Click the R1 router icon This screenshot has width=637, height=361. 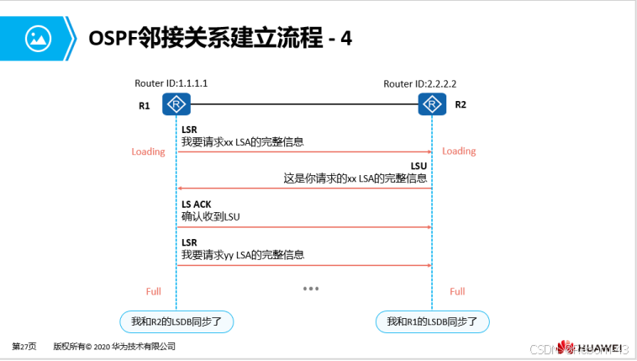[x=176, y=104]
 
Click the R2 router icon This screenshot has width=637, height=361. [x=432, y=104]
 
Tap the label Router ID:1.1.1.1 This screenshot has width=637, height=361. [x=171, y=84]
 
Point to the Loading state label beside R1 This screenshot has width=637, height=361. [x=148, y=151]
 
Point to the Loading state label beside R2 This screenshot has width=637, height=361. [x=459, y=151]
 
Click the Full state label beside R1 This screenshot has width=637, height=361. [x=153, y=291]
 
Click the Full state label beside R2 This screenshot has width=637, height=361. [x=457, y=291]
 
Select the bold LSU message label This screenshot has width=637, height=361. [x=419, y=167]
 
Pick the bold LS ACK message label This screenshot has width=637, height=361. [x=197, y=204]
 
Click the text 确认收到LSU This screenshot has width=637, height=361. [x=211, y=217]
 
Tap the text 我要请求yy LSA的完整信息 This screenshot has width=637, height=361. [x=242, y=255]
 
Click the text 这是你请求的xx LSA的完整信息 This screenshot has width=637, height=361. [x=355, y=179]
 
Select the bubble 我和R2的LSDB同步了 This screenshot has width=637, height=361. [x=176, y=321]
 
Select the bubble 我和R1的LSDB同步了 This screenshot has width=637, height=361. [x=432, y=321]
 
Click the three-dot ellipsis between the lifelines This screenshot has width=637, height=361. [x=311, y=289]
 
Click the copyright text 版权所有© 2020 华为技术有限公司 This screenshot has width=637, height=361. [x=114, y=346]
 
